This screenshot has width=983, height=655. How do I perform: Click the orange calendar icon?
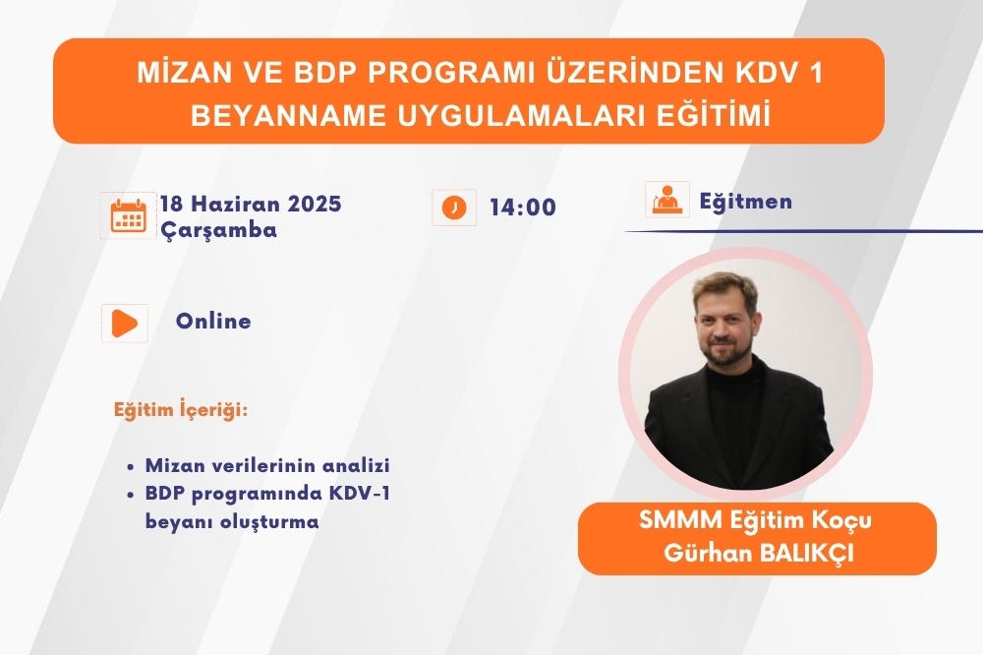tap(129, 215)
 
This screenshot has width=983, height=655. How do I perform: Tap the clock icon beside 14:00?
tap(454, 208)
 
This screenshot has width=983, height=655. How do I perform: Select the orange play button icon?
tap(124, 324)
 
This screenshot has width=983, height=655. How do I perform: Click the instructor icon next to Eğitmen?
tap(667, 200)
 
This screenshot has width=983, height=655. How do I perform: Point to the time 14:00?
tap(523, 208)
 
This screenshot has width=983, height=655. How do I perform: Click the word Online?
tap(213, 321)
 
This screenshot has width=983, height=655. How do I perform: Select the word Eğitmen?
tap(745, 202)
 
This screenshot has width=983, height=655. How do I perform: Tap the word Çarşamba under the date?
tap(219, 230)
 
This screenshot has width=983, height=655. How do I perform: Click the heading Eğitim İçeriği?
tap(181, 410)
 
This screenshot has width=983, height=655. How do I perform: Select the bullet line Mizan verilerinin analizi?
tap(267, 465)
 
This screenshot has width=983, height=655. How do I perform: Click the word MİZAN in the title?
tap(174, 74)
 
